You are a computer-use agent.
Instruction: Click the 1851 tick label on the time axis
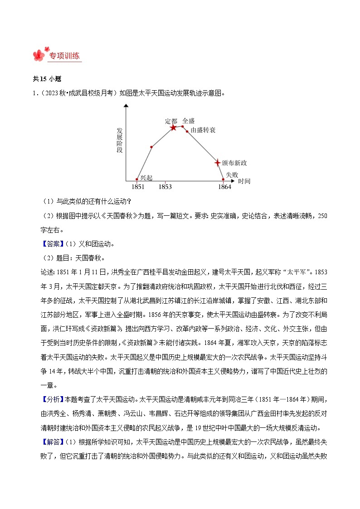click(138, 187)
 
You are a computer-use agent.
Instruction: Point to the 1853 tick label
click(165, 187)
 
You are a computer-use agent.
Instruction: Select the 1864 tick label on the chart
click(224, 187)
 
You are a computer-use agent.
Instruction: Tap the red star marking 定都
click(173, 128)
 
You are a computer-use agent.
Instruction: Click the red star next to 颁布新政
click(217, 162)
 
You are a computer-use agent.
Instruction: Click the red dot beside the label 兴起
click(137, 179)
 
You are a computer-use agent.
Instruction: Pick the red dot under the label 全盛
click(183, 126)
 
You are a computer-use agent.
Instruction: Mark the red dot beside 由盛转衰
click(187, 131)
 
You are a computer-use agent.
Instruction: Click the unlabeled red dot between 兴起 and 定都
click(151, 147)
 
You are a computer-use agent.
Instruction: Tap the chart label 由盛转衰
click(203, 131)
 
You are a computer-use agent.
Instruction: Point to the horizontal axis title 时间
click(244, 181)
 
